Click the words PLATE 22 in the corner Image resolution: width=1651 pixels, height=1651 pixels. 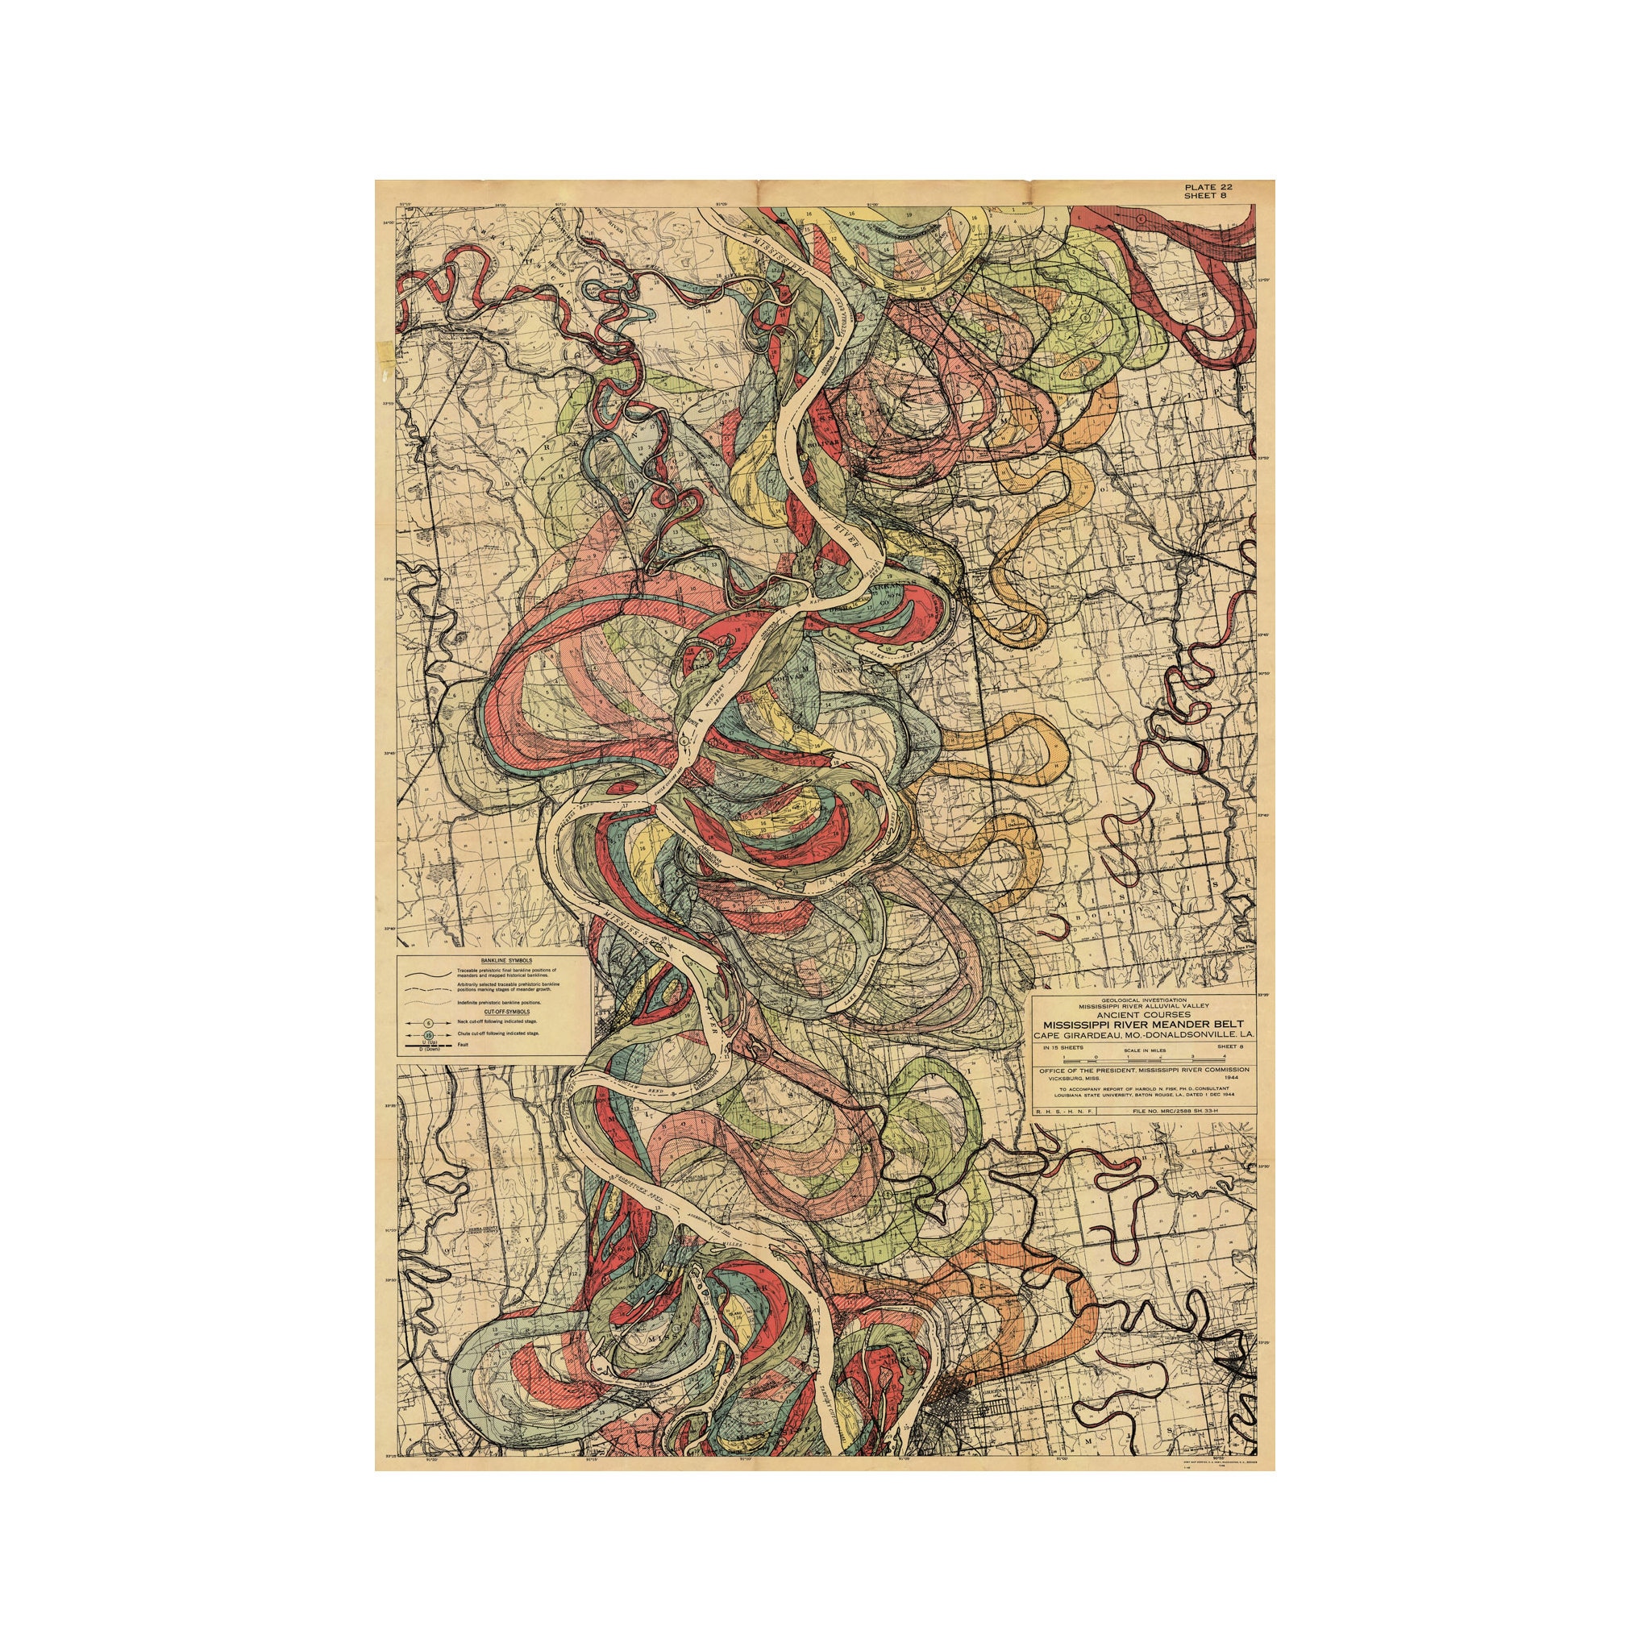[1208, 187]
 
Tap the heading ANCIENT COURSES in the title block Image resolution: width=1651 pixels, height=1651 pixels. [1144, 1013]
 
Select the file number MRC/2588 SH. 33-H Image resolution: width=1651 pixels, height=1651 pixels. [1175, 1112]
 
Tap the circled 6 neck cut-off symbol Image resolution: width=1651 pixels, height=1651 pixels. [429, 1023]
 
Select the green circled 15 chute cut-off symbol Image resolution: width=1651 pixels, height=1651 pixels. [429, 1035]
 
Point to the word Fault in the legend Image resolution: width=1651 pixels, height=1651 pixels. [465, 1046]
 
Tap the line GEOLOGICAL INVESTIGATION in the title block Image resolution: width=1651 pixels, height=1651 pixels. [1144, 999]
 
